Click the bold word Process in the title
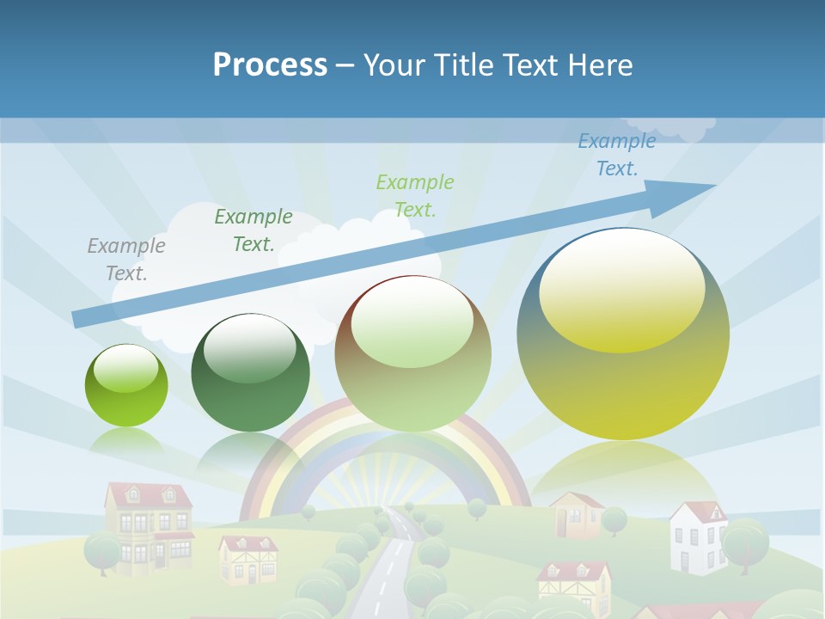(270, 64)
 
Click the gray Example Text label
(125, 259)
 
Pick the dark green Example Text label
(253, 230)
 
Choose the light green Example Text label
(414, 195)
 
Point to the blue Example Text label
(616, 155)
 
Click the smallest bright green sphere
(126, 386)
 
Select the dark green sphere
(250, 373)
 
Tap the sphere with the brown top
(412, 353)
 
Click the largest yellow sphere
(623, 335)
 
